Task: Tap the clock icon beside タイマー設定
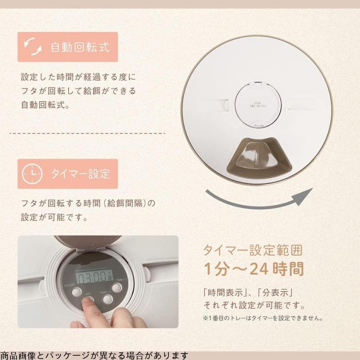click(32, 174)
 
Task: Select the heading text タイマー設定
click(80, 174)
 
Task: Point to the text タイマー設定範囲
click(253, 251)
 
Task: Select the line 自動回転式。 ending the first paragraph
click(45, 106)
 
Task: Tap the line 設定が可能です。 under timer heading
click(54, 218)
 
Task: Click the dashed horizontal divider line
click(87, 133)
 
